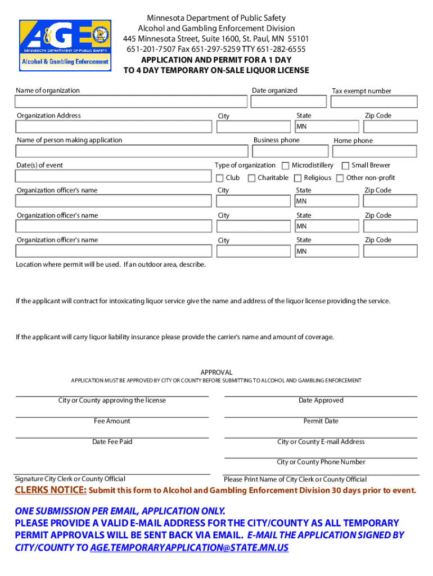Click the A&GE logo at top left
(x=65, y=43)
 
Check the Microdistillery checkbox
(x=286, y=165)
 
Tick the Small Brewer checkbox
(x=345, y=165)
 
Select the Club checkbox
(x=220, y=178)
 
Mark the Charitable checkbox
(x=252, y=178)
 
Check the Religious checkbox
(x=298, y=178)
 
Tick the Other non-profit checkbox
(x=340, y=178)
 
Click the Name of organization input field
(x=131, y=101)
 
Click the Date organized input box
(x=288, y=101)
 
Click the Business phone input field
(x=290, y=151)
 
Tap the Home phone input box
(x=375, y=151)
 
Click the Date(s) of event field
(x=112, y=177)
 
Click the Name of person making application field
(x=131, y=151)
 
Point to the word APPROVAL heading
(x=216, y=372)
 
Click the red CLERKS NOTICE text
(x=51, y=490)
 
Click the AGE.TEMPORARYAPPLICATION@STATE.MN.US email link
(x=189, y=547)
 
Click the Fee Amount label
(x=112, y=421)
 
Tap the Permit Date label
(x=321, y=421)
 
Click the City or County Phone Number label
(x=321, y=462)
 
